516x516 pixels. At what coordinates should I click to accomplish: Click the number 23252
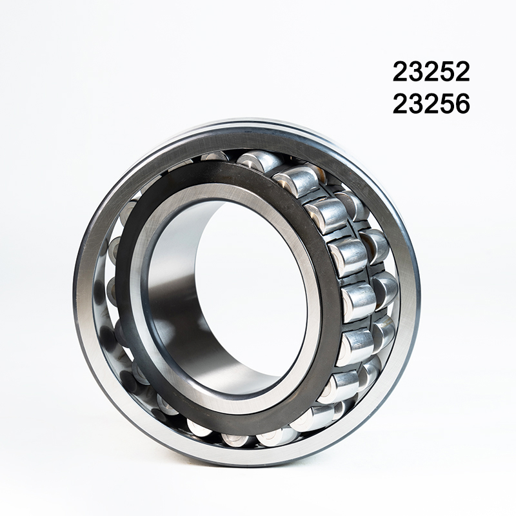click(x=431, y=72)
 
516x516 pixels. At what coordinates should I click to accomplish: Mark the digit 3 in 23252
click(x=415, y=72)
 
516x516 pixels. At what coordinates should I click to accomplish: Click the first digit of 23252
click(x=401, y=72)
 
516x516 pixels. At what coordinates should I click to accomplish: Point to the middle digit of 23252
click(x=431, y=72)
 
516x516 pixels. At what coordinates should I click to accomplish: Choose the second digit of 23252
click(x=415, y=72)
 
